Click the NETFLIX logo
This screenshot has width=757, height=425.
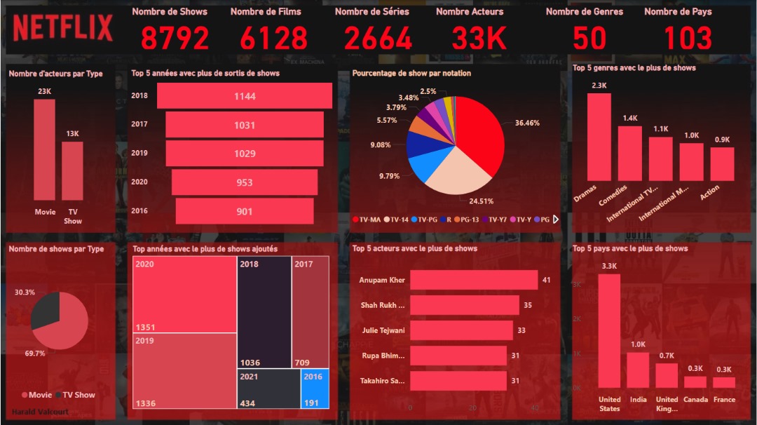pos(62,28)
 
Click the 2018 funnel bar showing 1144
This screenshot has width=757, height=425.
pos(244,96)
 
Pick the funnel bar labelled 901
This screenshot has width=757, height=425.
pos(244,211)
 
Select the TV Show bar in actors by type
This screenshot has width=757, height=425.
pos(72,172)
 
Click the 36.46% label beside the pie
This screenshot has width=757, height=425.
pos(527,123)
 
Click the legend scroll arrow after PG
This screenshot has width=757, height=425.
pos(556,220)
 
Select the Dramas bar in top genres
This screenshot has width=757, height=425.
pos(599,137)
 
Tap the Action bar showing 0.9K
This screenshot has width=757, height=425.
pos(722,164)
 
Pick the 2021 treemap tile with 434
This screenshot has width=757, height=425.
pos(268,389)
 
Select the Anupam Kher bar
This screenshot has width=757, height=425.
pos(473,280)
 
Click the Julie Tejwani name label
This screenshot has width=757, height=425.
pos(383,330)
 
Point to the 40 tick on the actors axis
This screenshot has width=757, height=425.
pos(536,408)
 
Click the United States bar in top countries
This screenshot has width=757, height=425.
pos(609,330)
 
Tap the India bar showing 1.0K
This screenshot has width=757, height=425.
pos(638,370)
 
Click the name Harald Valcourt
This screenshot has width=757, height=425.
pos(41,412)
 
